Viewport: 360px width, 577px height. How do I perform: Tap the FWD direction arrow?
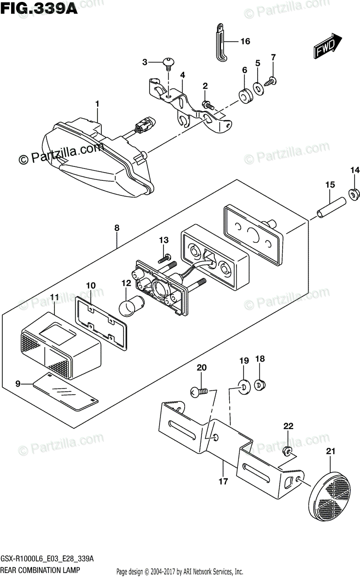click(x=328, y=47)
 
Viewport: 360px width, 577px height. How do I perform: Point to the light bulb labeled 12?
click(x=129, y=305)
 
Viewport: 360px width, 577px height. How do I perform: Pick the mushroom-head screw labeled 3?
click(x=169, y=62)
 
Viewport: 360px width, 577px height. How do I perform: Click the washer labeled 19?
click(x=243, y=387)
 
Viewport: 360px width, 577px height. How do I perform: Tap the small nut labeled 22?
click(x=288, y=451)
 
